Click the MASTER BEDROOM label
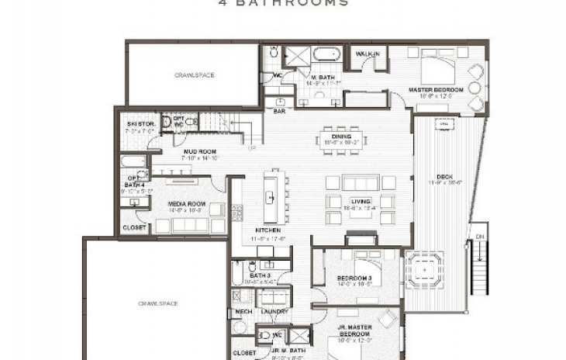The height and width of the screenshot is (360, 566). pos(436,90)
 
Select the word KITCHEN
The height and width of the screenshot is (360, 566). pos(267,230)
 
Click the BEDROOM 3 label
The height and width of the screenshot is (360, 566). pos(354,279)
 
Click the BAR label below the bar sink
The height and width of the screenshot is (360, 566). pos(279,111)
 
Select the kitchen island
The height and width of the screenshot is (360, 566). pos(272,196)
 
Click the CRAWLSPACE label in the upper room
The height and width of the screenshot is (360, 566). pos(193,75)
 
